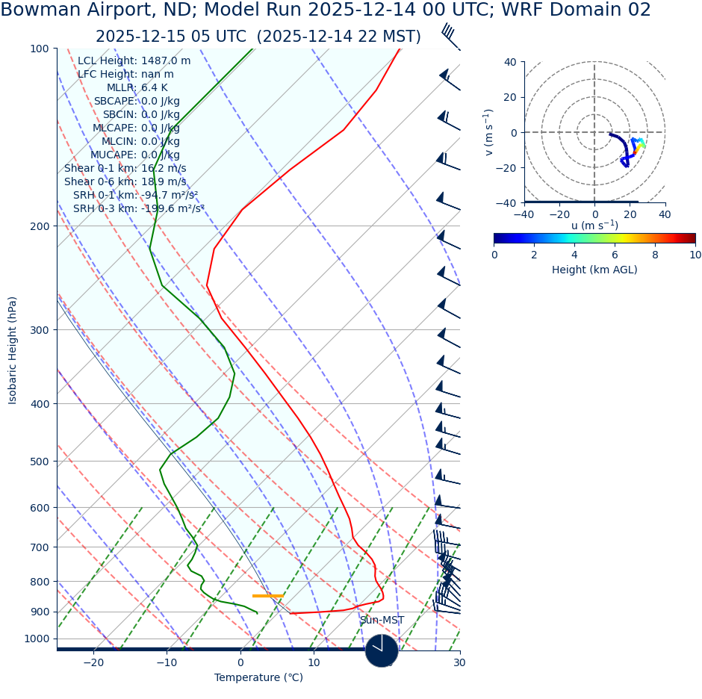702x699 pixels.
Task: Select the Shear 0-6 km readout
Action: [x=125, y=182]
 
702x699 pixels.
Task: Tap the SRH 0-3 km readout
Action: [x=139, y=209]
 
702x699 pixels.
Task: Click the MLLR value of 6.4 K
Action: [x=155, y=88]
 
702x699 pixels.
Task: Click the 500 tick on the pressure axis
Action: [x=39, y=462]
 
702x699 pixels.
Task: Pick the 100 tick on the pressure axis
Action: [x=39, y=49]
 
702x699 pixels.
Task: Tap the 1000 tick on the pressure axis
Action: [x=36, y=639]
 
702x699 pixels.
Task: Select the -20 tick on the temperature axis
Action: [x=93, y=663]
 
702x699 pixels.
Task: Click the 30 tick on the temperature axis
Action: [x=459, y=663]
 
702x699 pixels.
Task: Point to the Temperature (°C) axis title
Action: [x=258, y=678]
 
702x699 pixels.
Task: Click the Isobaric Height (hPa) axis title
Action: [x=13, y=350]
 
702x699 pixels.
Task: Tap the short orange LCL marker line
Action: [x=267, y=596]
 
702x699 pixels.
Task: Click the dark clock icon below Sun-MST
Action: [x=382, y=650]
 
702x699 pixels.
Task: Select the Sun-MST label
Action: [x=382, y=621]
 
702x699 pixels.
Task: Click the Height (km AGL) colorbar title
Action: [x=594, y=270]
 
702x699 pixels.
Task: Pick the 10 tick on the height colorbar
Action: [x=695, y=255]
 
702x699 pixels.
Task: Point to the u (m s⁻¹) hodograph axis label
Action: [x=594, y=226]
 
